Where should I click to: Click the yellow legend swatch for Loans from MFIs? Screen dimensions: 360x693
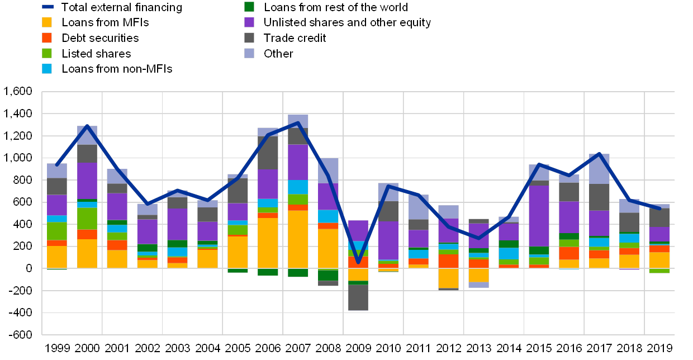pyautogui.click(x=47, y=22)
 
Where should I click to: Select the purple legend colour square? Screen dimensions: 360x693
pyautogui.click(x=249, y=22)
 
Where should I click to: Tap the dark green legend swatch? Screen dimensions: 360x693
pyautogui.click(x=249, y=7)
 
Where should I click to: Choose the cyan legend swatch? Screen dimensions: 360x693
pyautogui.click(x=47, y=69)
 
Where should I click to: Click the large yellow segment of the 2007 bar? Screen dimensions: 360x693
pyautogui.click(x=298, y=239)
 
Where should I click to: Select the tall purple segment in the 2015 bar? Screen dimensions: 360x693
pyautogui.click(x=539, y=216)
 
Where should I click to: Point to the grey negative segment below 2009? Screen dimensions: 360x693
pyautogui.click(x=358, y=297)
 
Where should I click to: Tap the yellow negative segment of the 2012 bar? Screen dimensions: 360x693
pyautogui.click(x=448, y=278)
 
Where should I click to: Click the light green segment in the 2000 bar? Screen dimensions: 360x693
pyautogui.click(x=87, y=219)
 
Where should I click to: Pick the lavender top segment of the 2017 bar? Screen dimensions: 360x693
pyautogui.click(x=599, y=169)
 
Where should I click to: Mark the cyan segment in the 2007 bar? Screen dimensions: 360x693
pyautogui.click(x=298, y=187)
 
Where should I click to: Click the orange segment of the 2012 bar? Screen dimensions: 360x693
pyautogui.click(x=448, y=261)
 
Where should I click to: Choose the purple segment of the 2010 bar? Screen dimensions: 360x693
pyautogui.click(x=388, y=240)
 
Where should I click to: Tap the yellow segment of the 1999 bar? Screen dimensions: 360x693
pyautogui.click(x=56, y=257)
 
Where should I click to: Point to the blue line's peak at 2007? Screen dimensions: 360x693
pyautogui.click(x=298, y=123)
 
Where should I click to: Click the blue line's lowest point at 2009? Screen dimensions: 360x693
pyautogui.click(x=358, y=262)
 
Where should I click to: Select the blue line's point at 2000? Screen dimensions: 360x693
pyautogui.click(x=87, y=126)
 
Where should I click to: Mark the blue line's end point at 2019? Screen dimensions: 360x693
pyautogui.click(x=660, y=209)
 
